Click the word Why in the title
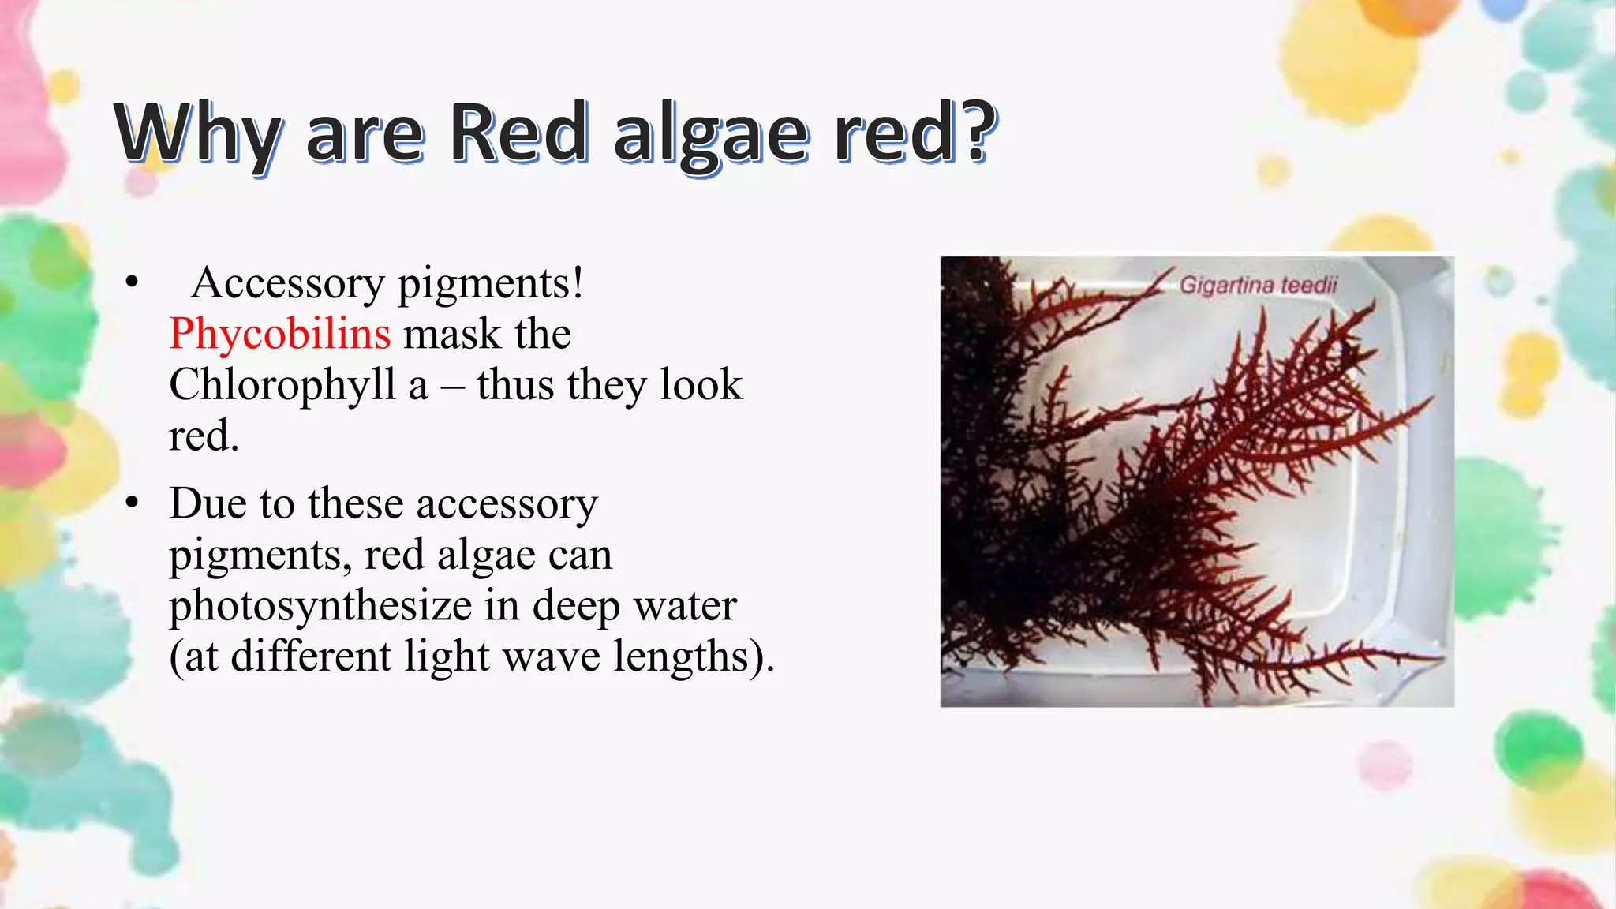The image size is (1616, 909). click(x=197, y=134)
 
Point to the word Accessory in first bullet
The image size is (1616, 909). click(x=287, y=283)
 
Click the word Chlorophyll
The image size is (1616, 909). click(x=282, y=386)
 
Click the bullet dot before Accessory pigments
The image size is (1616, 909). click(x=132, y=282)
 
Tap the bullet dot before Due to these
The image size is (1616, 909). click(x=132, y=503)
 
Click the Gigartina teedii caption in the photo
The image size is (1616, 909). click(x=1258, y=285)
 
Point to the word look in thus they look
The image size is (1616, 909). click(x=701, y=386)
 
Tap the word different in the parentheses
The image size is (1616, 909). click(x=311, y=657)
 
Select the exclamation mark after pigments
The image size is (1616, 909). click(x=578, y=283)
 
